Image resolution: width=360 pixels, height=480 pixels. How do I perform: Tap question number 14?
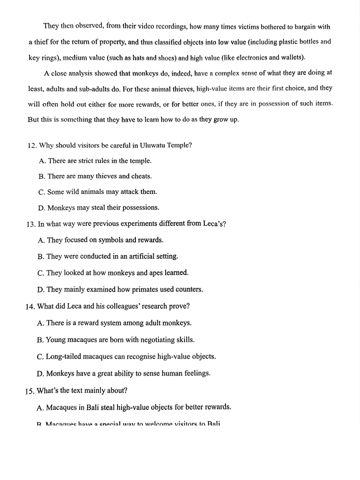click(x=31, y=306)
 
